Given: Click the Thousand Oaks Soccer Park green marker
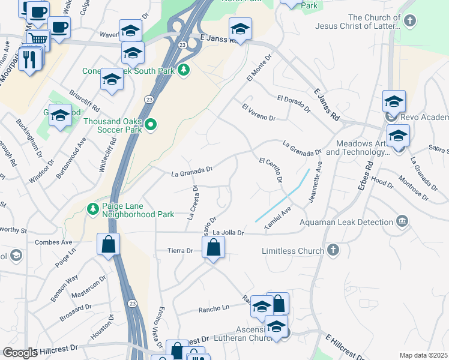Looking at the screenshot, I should click(x=151, y=125).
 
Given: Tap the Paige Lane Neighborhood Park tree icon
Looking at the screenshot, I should click(x=92, y=209).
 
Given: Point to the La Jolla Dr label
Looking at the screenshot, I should click(x=229, y=232).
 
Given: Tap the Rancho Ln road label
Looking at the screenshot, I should click(x=214, y=309).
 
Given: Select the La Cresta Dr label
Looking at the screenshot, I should click(x=193, y=203).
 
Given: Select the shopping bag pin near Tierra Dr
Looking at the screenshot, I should click(x=213, y=247).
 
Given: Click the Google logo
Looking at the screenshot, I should click(x=20, y=353).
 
